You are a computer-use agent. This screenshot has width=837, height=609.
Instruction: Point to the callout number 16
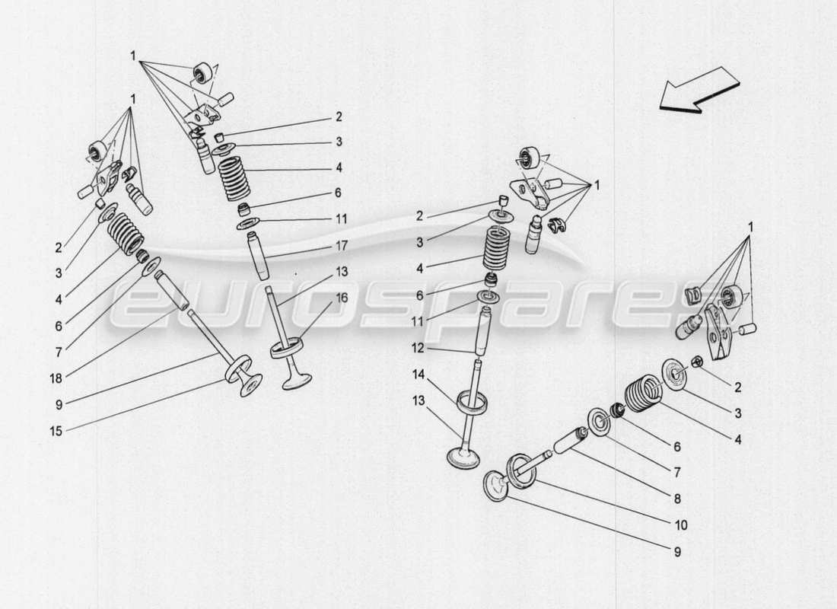click(x=341, y=298)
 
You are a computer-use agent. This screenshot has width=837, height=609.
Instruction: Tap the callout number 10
click(x=679, y=525)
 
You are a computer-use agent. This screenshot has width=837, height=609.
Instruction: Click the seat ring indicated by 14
click(x=472, y=403)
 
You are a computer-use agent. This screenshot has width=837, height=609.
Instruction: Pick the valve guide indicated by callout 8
click(x=569, y=440)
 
